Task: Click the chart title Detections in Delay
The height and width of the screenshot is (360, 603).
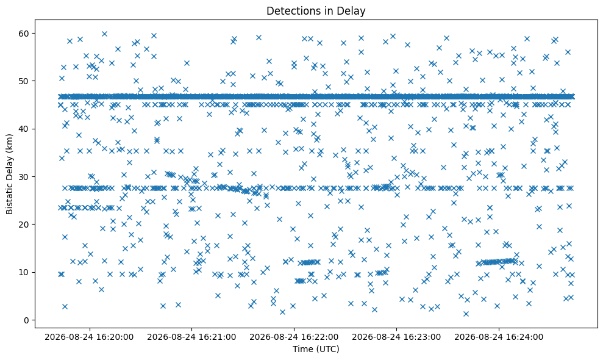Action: [x=316, y=11]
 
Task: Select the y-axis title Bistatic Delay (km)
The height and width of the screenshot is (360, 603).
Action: [x=9, y=174]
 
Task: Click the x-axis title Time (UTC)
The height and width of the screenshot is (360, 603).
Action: [x=316, y=349]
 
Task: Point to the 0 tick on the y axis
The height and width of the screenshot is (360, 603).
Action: [x=27, y=320]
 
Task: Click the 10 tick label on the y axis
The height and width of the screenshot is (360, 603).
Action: [x=24, y=272]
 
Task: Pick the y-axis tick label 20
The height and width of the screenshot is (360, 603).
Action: [x=24, y=225]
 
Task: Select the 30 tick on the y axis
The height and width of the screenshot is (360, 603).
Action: [x=24, y=177]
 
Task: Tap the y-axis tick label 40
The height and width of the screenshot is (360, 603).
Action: [x=24, y=129]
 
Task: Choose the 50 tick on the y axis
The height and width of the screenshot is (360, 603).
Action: [x=24, y=81]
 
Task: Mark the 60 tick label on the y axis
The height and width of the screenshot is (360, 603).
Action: [x=24, y=34]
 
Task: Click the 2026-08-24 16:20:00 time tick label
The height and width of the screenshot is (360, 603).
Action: [x=89, y=337]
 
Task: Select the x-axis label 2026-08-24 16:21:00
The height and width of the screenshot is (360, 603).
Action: [x=191, y=337]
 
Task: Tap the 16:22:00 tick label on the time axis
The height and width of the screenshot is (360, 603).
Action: [x=294, y=337]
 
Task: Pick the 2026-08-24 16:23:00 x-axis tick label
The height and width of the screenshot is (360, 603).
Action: [x=396, y=337]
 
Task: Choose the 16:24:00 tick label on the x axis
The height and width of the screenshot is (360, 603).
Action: [x=499, y=337]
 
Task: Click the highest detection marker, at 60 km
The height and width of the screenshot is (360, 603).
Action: [x=104, y=34]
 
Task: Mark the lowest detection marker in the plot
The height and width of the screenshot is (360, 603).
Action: [x=466, y=314]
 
